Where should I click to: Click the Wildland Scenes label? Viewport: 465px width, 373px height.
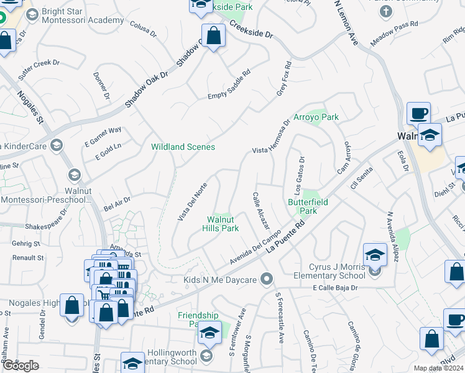pyautogui.click(x=183, y=147)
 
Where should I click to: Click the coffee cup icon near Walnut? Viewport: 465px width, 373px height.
pyautogui.click(x=418, y=114)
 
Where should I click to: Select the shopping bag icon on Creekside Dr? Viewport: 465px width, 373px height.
pyautogui.click(x=213, y=35)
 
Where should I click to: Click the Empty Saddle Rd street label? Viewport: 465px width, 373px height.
pyautogui.click(x=229, y=85)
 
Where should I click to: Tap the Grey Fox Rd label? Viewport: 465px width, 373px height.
pyautogui.click(x=284, y=78)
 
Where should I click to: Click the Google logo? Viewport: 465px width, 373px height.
pyautogui.click(x=21, y=366)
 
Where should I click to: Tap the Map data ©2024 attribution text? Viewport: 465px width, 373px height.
pyautogui.click(x=438, y=368)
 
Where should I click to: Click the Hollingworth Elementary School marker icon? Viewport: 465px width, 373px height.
pyautogui.click(x=206, y=355)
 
